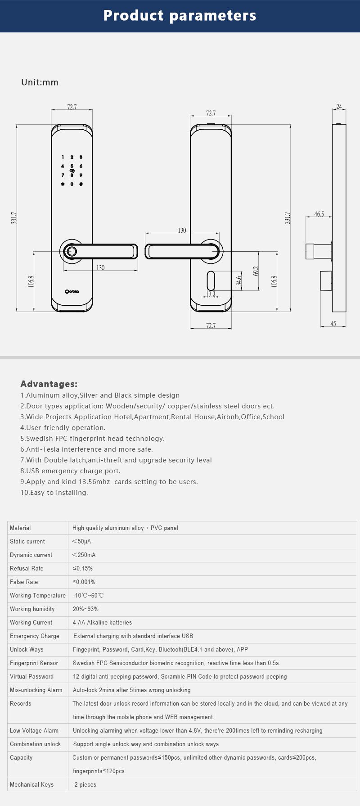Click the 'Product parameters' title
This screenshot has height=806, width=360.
tap(180, 16)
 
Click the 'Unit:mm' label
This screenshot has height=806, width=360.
tap(40, 82)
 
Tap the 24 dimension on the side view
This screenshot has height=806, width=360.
tap(339, 107)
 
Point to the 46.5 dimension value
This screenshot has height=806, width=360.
tap(319, 214)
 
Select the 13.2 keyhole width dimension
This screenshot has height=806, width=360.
tap(211, 294)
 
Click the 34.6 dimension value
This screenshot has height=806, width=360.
tap(239, 281)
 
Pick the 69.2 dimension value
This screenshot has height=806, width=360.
tap(256, 271)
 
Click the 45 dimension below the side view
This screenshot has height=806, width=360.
tap(333, 324)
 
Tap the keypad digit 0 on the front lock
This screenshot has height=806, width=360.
tap(72, 184)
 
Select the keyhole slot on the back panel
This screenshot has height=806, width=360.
tap(211, 281)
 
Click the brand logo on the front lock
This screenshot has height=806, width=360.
tap(72, 291)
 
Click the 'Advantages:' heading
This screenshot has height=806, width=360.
tap(49, 384)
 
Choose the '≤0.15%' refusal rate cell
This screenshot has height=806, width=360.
tap(83, 569)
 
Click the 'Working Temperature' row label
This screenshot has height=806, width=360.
tap(38, 596)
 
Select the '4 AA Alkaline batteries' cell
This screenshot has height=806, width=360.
tap(103, 623)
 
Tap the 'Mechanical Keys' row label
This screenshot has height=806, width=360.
tap(31, 785)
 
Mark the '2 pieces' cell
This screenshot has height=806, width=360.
tap(85, 785)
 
